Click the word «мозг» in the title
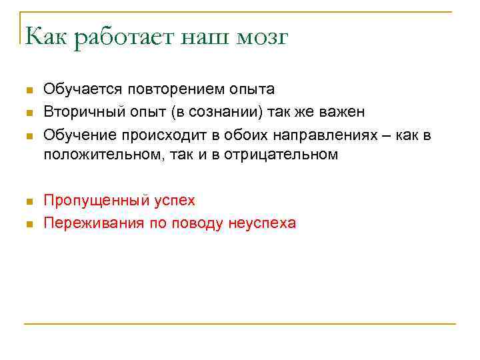pyautogui.click(x=261, y=38)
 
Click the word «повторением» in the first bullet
pyautogui.click(x=169, y=89)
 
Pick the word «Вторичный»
pyautogui.click(x=81, y=112)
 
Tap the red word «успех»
pyautogui.click(x=174, y=200)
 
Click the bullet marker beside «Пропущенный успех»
pyautogui.click(x=27, y=201)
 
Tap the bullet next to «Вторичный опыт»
pyautogui.click(x=27, y=113)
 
